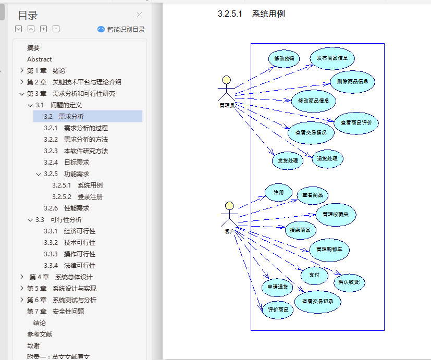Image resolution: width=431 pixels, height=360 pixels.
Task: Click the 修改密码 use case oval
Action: click(284, 59)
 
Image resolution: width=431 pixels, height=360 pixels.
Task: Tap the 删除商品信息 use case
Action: click(353, 82)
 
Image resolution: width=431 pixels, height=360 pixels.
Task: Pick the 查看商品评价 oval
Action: click(356, 123)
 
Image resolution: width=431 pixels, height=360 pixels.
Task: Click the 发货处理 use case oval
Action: click(287, 160)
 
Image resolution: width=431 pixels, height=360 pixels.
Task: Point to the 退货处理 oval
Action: click(327, 158)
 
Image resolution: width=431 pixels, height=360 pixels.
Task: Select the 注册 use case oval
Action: click(278, 192)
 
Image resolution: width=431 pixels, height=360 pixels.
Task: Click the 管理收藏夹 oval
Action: click(336, 214)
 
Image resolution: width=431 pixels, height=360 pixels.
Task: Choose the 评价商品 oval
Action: click(278, 309)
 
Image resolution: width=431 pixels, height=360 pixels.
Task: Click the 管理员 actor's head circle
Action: click(226, 80)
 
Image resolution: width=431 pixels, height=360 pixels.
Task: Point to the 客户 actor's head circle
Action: click(229, 205)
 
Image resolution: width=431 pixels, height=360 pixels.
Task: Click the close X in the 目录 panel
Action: click(139, 15)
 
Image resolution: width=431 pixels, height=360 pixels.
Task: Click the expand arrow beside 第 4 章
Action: click(21, 277)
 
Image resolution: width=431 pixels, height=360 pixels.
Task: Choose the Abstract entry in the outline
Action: click(40, 59)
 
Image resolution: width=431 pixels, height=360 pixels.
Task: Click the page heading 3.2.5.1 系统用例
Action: click(251, 14)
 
